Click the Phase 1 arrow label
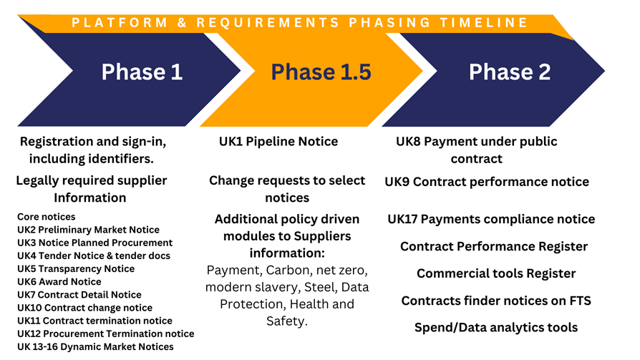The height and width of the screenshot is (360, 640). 142,72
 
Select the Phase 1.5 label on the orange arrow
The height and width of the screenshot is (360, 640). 321,72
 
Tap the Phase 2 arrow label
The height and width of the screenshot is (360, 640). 510,72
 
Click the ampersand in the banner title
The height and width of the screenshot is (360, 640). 182,22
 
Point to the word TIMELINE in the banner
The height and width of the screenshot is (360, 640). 484,22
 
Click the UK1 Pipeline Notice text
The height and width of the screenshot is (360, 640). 278,141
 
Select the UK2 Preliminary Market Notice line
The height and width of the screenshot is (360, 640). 88,230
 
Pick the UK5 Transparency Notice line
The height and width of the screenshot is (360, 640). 76,268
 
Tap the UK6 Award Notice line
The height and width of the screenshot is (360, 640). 59,282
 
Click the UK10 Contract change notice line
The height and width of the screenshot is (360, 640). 84,308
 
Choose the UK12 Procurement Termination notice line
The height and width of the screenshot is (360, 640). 106,334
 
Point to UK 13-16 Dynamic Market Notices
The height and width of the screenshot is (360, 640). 95,346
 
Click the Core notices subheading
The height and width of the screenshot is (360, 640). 46,217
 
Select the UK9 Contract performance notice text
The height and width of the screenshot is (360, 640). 487,182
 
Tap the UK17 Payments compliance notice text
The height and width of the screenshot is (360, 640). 491,219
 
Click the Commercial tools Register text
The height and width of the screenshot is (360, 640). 496,273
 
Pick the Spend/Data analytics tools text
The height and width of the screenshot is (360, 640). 496,327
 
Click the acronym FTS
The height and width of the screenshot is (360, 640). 580,301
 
